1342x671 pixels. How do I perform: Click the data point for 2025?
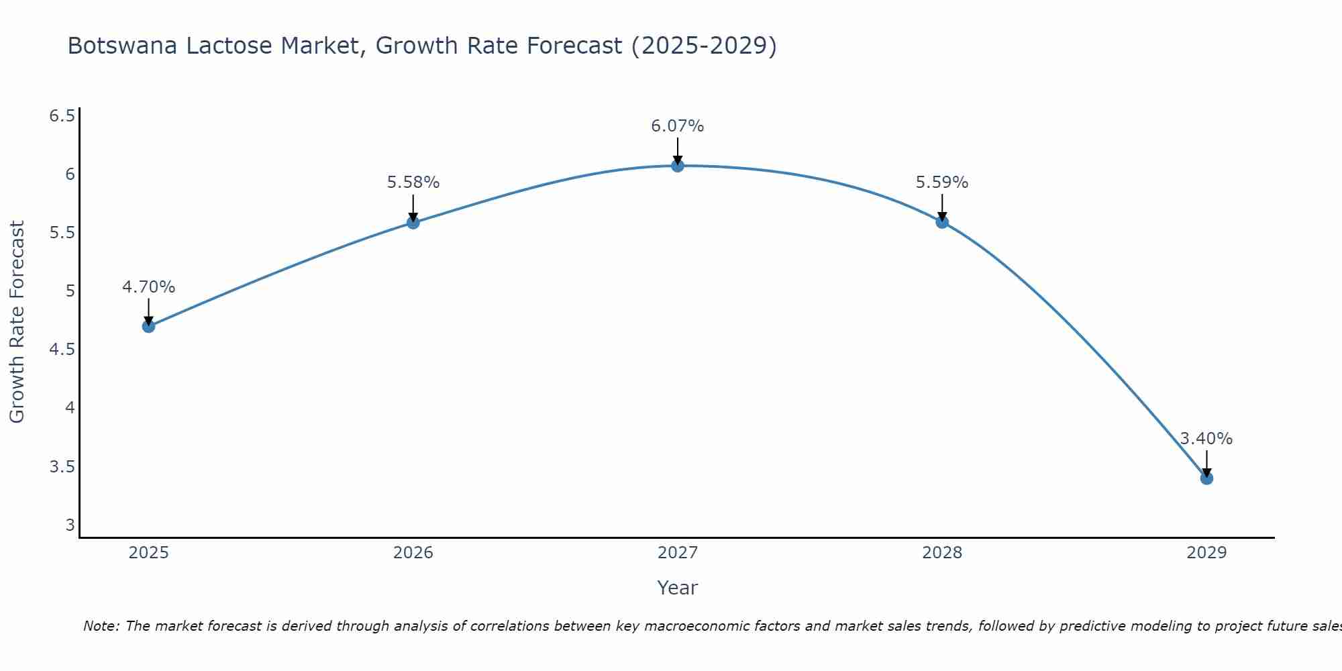148,326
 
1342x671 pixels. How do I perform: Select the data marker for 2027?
678,166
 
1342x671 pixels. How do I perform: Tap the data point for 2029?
1206,478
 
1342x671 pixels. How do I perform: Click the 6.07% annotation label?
678,126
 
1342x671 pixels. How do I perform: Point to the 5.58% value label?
413,183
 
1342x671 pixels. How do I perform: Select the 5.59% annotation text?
942,183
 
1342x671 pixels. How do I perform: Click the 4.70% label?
148,287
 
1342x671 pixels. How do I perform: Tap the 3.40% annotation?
1206,439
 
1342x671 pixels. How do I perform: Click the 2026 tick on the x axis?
413,553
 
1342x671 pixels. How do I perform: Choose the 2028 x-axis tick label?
942,553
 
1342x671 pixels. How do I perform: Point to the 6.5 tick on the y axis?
62,116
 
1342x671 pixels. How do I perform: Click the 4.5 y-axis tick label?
62,350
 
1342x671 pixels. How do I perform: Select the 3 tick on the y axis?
70,525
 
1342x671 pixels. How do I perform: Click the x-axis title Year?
678,588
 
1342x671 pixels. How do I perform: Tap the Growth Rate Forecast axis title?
17,322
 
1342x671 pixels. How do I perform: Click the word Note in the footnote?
101,626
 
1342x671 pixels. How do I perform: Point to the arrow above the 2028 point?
942,207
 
